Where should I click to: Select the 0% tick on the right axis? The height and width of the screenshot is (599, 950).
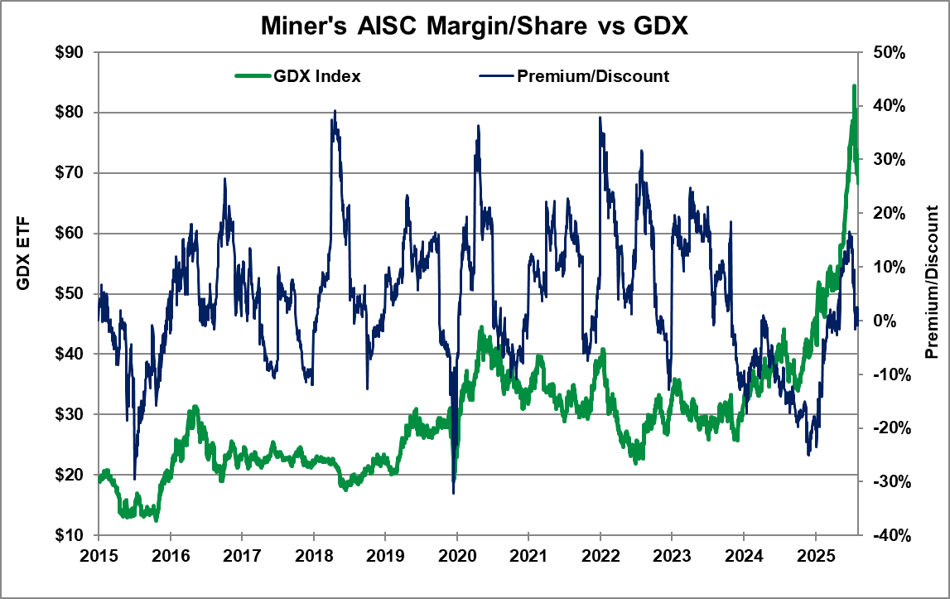point(880,321)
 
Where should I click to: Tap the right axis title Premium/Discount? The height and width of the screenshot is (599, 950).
point(932,282)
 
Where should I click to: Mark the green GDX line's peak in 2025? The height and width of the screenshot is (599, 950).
point(854,85)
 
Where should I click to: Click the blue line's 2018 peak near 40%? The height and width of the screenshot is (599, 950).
point(335,110)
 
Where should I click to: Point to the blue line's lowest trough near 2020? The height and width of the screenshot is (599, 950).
point(453,493)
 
